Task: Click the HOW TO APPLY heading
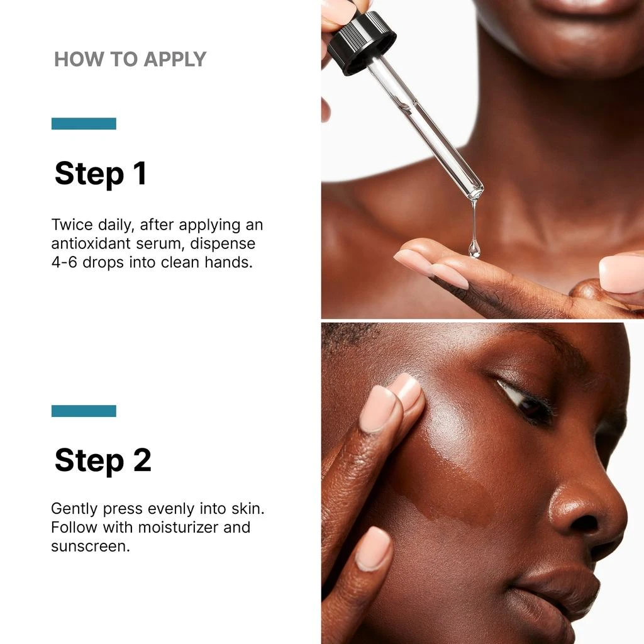coord(130,59)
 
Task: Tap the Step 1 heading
coord(101,174)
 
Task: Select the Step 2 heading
coord(103,460)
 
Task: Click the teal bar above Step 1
coord(84,123)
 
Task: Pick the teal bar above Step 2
coord(84,411)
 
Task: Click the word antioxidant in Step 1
coord(96,243)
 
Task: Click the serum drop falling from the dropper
coord(474,248)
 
